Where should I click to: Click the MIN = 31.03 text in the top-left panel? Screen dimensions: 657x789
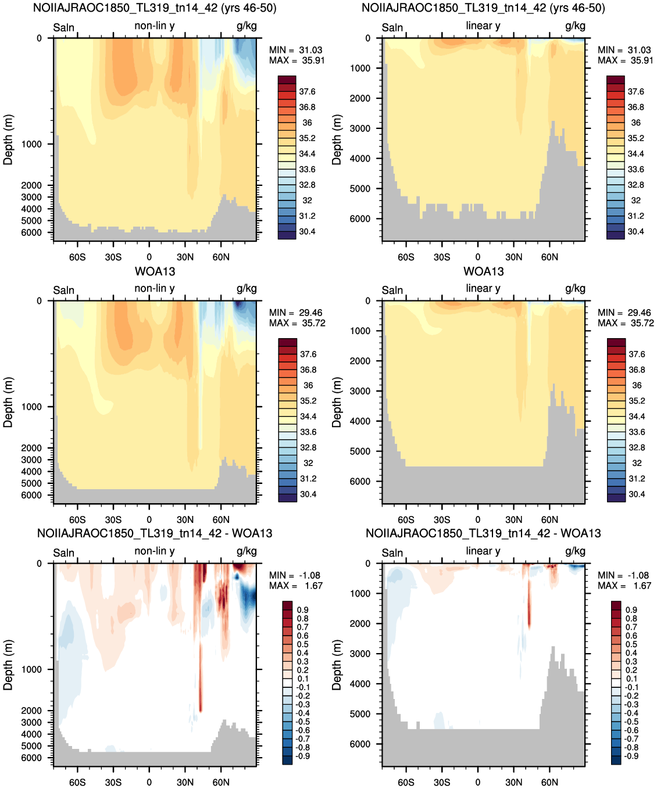coord(295,50)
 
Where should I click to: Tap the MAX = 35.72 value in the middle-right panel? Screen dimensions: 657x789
coord(625,323)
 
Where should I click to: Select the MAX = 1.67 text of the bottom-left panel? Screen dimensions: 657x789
coord(295,586)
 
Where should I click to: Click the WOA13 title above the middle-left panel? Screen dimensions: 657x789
coord(155,271)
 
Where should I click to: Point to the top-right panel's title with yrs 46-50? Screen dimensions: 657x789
coord(483,8)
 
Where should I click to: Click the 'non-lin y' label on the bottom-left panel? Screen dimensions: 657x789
coord(154,551)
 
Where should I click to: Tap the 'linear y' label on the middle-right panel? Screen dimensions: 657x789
coord(483,289)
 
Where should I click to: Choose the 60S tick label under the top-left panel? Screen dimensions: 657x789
coord(77,257)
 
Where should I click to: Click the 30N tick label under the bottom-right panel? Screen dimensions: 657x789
coord(513,782)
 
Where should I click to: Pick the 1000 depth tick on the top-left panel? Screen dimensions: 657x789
coord(31,144)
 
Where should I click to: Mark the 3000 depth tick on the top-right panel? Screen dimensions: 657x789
coord(360,128)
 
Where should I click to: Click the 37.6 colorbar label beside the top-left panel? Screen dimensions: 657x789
coord(307,91)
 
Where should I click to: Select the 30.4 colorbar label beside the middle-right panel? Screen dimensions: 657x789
coord(637,494)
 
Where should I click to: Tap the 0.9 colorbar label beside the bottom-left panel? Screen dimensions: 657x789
coord(302,610)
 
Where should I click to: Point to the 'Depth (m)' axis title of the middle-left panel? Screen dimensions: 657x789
coord(8,402)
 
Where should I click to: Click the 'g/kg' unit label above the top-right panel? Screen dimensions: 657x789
coord(575,26)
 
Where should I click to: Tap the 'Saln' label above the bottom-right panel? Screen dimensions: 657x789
coord(392,553)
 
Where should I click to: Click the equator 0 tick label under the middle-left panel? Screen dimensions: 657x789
coord(149,519)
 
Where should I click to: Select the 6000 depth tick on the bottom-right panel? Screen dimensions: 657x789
coord(360,744)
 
